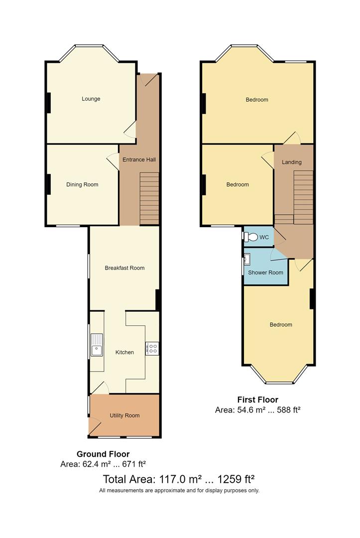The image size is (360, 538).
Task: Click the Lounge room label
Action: point(91,99)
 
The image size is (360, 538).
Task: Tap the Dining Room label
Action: point(82,184)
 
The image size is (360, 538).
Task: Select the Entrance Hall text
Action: point(139,160)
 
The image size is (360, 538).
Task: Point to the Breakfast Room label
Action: point(124,268)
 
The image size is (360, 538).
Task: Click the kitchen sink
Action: point(97,345)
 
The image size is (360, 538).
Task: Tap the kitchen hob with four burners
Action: point(152,348)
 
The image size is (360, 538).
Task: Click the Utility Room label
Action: point(124,415)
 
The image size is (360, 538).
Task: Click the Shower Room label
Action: point(265,272)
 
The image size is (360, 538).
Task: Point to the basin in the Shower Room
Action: point(247,259)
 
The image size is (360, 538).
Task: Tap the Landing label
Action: point(291,162)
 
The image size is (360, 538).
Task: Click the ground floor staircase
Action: point(149,198)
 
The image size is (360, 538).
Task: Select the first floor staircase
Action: point(303,197)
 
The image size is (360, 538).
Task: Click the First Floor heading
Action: point(257,400)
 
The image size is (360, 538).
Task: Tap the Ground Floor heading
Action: point(103,454)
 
